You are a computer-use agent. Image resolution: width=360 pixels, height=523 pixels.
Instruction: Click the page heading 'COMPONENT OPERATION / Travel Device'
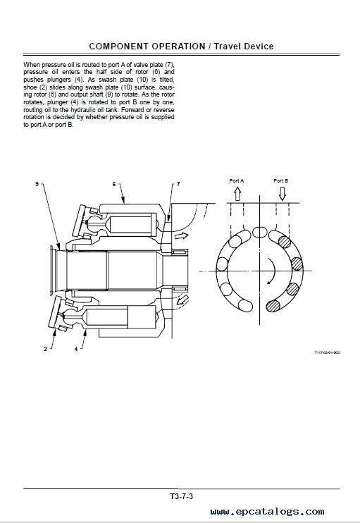[x=181, y=47]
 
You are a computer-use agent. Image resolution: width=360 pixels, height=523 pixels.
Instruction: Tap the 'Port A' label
[x=237, y=180]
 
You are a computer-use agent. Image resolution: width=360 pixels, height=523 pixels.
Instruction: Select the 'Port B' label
[x=280, y=180]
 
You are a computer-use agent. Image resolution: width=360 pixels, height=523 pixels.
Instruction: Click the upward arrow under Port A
[x=237, y=193]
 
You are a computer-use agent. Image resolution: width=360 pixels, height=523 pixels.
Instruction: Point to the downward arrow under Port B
[x=282, y=193]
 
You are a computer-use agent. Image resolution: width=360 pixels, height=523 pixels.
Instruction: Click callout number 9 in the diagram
[x=37, y=184]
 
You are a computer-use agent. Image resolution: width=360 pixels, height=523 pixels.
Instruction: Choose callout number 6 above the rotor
[x=114, y=184]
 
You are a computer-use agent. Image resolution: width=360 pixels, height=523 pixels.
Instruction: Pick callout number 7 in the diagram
[x=178, y=184]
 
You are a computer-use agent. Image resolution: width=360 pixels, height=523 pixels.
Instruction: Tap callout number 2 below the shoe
[x=45, y=349]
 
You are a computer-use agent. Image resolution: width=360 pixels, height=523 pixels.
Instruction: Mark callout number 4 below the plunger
[x=76, y=349]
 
